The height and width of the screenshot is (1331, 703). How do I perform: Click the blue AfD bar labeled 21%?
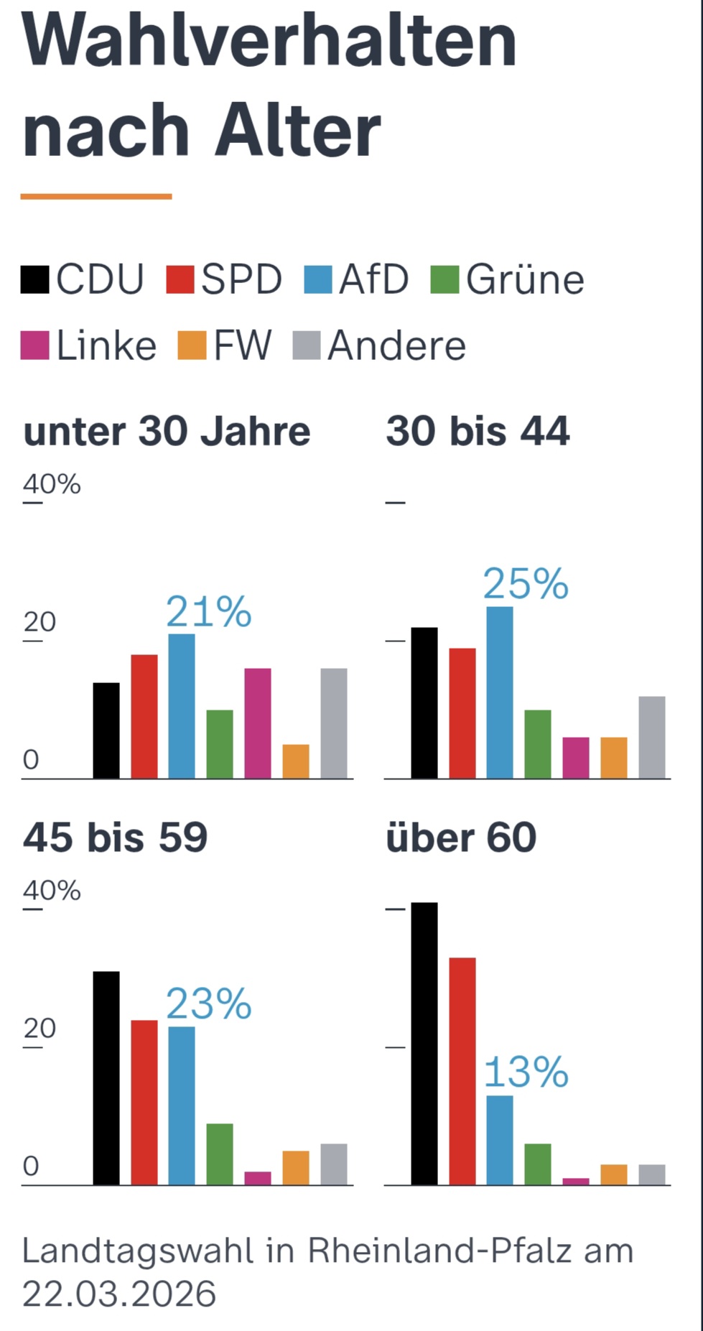(x=182, y=706)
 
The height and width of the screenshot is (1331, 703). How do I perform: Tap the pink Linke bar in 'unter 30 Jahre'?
(x=258, y=723)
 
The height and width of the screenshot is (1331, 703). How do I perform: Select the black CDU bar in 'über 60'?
(x=424, y=1043)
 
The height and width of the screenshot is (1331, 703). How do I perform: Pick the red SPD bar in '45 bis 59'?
(x=144, y=1102)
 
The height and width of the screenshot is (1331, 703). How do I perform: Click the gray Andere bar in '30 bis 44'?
(x=652, y=737)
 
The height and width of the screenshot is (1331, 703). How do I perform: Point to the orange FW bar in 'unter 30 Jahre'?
(x=296, y=761)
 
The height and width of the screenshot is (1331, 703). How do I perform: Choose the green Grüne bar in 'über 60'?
(x=538, y=1164)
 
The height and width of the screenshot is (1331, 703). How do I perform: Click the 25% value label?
(x=526, y=583)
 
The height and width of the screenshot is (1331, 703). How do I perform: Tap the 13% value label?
(x=526, y=1072)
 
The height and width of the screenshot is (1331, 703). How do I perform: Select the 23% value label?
(x=209, y=1003)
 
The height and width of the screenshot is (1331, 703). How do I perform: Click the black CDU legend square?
(x=34, y=279)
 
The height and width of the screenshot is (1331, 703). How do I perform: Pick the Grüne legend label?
(x=525, y=279)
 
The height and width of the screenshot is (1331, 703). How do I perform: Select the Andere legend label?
(x=396, y=345)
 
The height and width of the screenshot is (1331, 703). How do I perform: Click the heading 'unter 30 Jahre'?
(x=167, y=432)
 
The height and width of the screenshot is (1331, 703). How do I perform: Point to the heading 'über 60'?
(x=461, y=838)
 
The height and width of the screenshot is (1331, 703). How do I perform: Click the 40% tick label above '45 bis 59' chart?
(x=52, y=891)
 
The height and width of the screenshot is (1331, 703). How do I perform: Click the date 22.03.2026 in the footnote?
(x=119, y=1294)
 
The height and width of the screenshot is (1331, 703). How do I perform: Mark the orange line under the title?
(x=96, y=196)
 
